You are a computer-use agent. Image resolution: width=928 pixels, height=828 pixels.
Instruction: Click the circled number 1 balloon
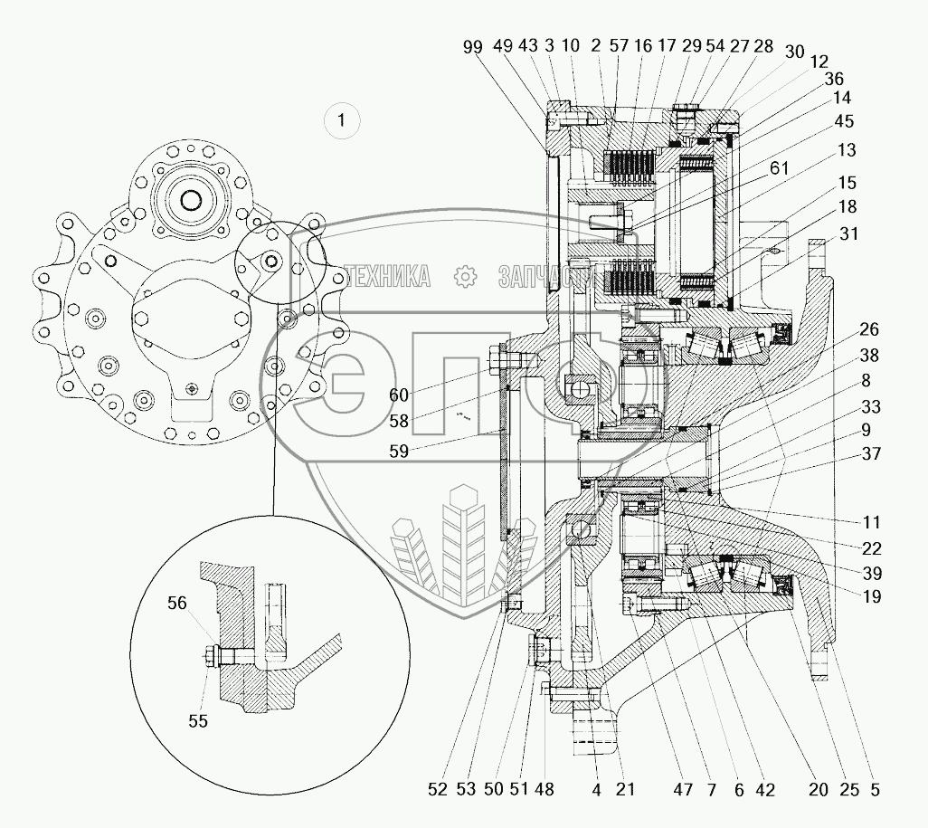click(340, 119)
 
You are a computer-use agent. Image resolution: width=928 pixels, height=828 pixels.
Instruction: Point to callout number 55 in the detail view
click(198, 720)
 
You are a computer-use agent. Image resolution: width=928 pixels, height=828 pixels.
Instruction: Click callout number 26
click(869, 329)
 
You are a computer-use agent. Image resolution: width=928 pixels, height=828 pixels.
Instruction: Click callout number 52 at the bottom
click(438, 789)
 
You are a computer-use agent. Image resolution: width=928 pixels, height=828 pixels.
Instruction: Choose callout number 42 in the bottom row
click(765, 789)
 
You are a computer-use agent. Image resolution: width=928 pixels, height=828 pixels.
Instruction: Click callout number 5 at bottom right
click(875, 789)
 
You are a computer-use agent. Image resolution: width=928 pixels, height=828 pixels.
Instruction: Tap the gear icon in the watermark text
click(464, 276)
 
